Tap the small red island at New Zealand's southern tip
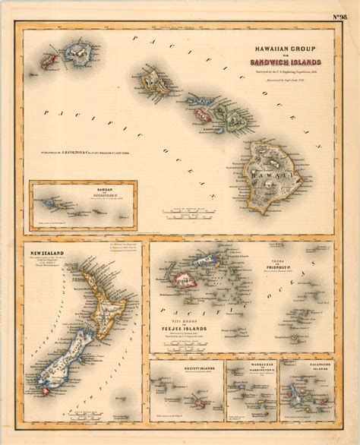[49, 390]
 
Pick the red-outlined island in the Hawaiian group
[201, 115]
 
